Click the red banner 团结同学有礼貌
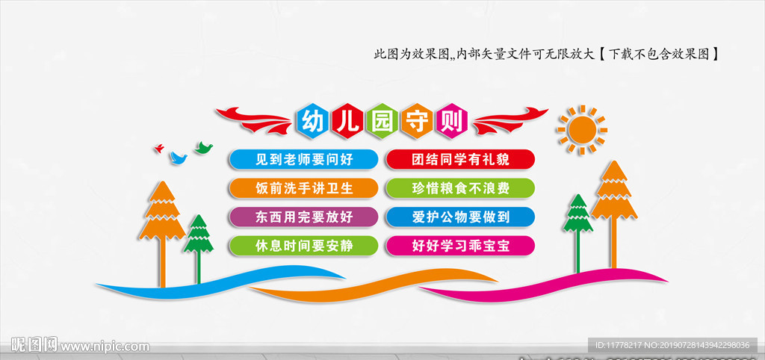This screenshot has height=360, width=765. click(460, 158)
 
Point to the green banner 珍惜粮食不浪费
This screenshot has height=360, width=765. click(460, 187)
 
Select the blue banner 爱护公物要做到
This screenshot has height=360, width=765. click(460, 217)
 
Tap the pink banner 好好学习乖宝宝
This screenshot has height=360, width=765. click(460, 245)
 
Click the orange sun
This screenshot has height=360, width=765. click(582, 130)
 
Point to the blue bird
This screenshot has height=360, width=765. click(178, 158)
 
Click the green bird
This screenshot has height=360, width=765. click(203, 147)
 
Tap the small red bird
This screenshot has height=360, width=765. click(158, 149)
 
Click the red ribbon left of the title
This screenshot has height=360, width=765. click(254, 120)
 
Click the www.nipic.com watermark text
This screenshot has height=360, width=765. click(105, 347)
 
